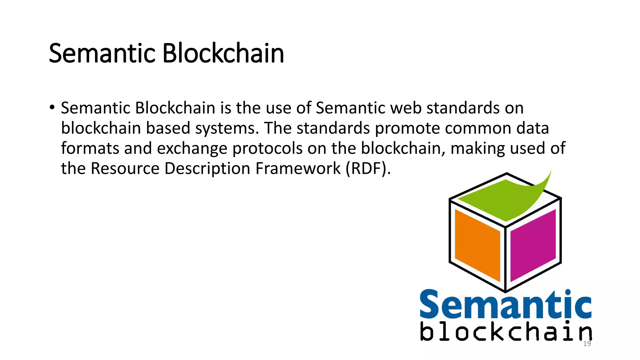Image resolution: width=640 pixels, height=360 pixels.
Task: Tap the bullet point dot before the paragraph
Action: pyautogui.click(x=52, y=107)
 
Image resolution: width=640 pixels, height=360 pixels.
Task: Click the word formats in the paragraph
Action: pyautogui.click(x=90, y=148)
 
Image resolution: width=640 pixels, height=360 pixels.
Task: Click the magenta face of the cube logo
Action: pyautogui.click(x=533, y=245)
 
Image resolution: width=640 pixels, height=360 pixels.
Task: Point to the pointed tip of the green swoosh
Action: pyautogui.click(x=551, y=171)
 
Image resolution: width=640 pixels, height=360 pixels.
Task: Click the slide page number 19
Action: pyautogui.click(x=587, y=344)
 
